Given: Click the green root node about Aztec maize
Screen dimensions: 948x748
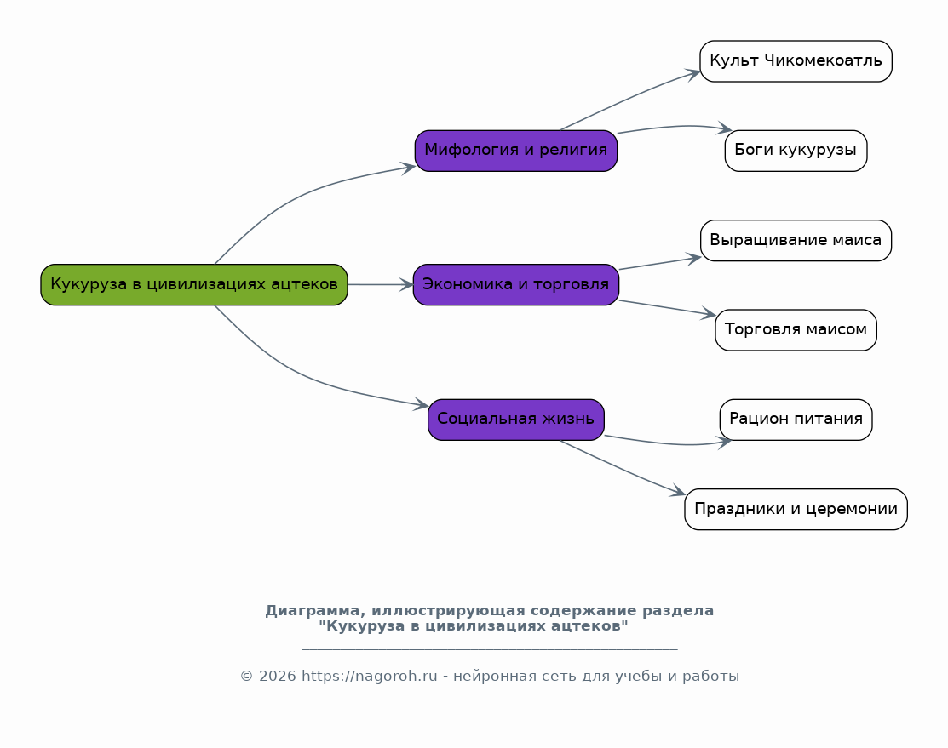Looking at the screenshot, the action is (194, 284).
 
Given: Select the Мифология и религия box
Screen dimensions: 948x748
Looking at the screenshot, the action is (515, 151).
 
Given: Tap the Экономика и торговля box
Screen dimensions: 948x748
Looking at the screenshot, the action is (515, 284).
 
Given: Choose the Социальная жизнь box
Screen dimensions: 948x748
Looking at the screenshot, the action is (515, 420).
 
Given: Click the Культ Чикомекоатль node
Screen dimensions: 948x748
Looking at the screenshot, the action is (796, 61).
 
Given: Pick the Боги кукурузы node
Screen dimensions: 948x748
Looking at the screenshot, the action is (796, 151).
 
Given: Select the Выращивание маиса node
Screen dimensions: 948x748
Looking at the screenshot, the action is (796, 241).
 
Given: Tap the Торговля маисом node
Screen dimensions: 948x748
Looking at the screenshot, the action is (796, 330).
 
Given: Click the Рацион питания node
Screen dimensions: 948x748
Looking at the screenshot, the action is (796, 420).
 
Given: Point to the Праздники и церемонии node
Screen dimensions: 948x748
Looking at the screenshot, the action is (796, 510).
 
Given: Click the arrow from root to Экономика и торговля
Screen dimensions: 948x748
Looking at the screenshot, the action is (381, 284).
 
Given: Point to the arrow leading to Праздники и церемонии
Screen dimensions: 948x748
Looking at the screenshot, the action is (623, 469).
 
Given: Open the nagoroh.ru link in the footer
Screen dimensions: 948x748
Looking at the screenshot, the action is (369, 677).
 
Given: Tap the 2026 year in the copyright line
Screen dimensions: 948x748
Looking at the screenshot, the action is (278, 677).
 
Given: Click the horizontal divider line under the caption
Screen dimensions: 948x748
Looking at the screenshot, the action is (490, 649).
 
